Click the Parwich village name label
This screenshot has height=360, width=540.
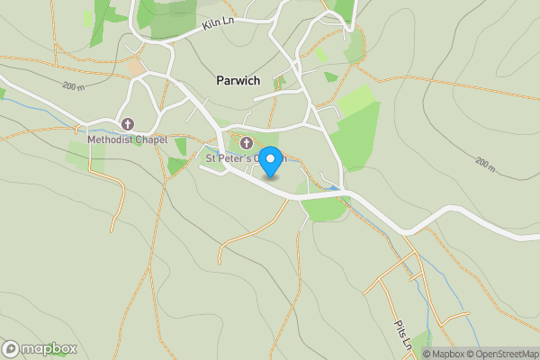click(238, 81)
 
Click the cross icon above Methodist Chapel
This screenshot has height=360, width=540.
click(127, 124)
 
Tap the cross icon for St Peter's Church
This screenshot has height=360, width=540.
click(246, 142)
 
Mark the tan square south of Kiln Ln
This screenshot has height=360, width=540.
click(135, 67)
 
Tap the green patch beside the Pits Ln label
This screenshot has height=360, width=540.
click(419, 340)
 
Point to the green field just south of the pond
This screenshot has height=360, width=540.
click(324, 208)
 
